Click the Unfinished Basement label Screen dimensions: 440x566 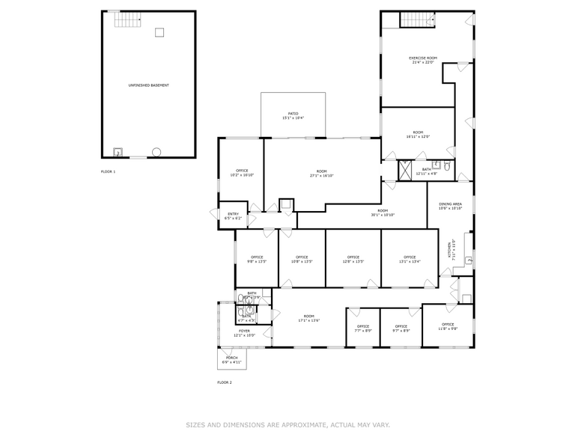[x=148, y=85]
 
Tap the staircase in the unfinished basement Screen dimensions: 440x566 [x=127, y=20]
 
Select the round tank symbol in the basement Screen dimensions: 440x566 [x=156, y=152]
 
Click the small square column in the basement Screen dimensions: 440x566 [x=159, y=32]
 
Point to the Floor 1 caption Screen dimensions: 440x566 [x=109, y=171]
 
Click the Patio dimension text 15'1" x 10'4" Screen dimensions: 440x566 [x=293, y=118]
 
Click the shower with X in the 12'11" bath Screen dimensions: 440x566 [x=405, y=170]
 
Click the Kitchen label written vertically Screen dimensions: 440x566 [x=449, y=250]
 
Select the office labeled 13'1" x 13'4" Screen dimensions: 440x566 [x=410, y=260]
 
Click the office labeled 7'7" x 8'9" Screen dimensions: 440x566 [x=363, y=328]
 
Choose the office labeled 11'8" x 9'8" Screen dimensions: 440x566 [x=448, y=326]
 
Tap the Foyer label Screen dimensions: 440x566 [x=244, y=331]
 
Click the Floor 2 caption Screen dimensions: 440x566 [x=225, y=382]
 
